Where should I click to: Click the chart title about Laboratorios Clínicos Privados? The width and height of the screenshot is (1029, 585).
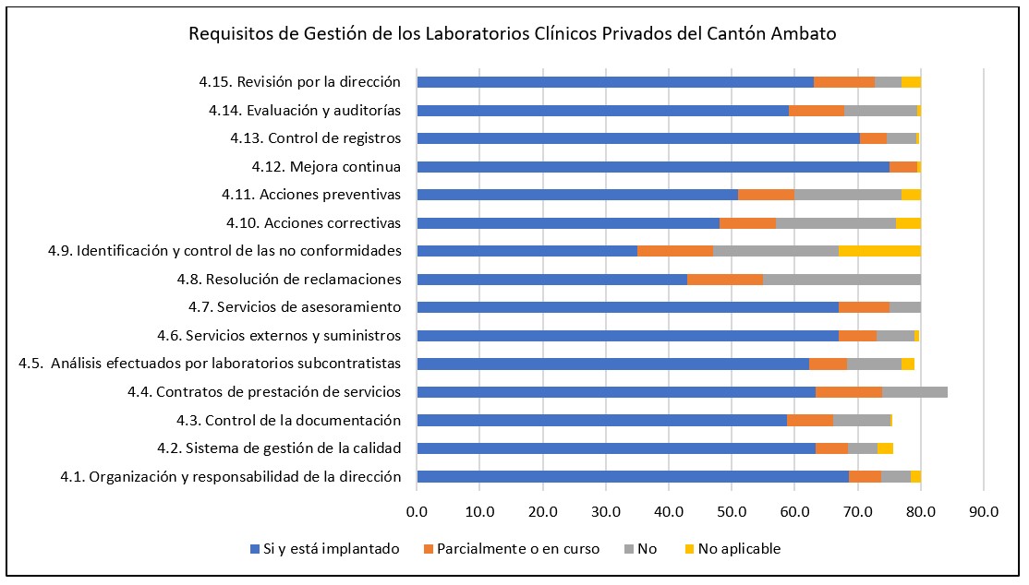pos(513,34)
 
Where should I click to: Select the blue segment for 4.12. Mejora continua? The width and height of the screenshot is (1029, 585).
pos(653,167)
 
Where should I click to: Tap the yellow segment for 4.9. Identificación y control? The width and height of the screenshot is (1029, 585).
pos(879,251)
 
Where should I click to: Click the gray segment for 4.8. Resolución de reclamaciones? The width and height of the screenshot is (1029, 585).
pos(841,280)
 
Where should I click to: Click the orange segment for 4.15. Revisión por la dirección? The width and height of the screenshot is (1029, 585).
pos(844,82)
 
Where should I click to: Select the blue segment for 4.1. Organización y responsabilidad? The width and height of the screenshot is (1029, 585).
pos(633,477)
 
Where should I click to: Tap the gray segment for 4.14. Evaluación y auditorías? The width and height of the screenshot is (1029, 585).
pos(880,111)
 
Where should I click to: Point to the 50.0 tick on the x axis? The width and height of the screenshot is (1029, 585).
pos(731,509)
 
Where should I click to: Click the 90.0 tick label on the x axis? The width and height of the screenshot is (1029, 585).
pos(983,509)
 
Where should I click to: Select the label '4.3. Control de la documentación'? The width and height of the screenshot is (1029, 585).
pos(288,421)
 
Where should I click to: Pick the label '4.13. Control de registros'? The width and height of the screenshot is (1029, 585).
pos(316,138)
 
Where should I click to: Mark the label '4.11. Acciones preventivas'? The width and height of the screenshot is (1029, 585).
pos(311,195)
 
